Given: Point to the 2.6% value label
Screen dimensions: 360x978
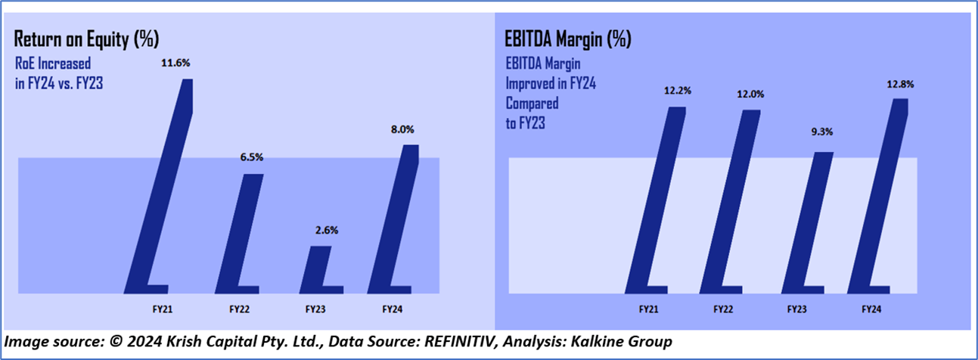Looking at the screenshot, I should click(318, 231).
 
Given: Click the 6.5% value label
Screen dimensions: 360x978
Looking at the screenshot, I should click(250, 159).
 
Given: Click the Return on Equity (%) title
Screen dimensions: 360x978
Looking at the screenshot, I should click(87, 38).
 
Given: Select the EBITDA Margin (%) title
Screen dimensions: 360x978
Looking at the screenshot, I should click(567, 38).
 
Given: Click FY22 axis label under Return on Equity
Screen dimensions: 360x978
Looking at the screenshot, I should click(241, 309).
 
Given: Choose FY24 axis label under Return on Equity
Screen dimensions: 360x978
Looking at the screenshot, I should click(392, 309).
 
